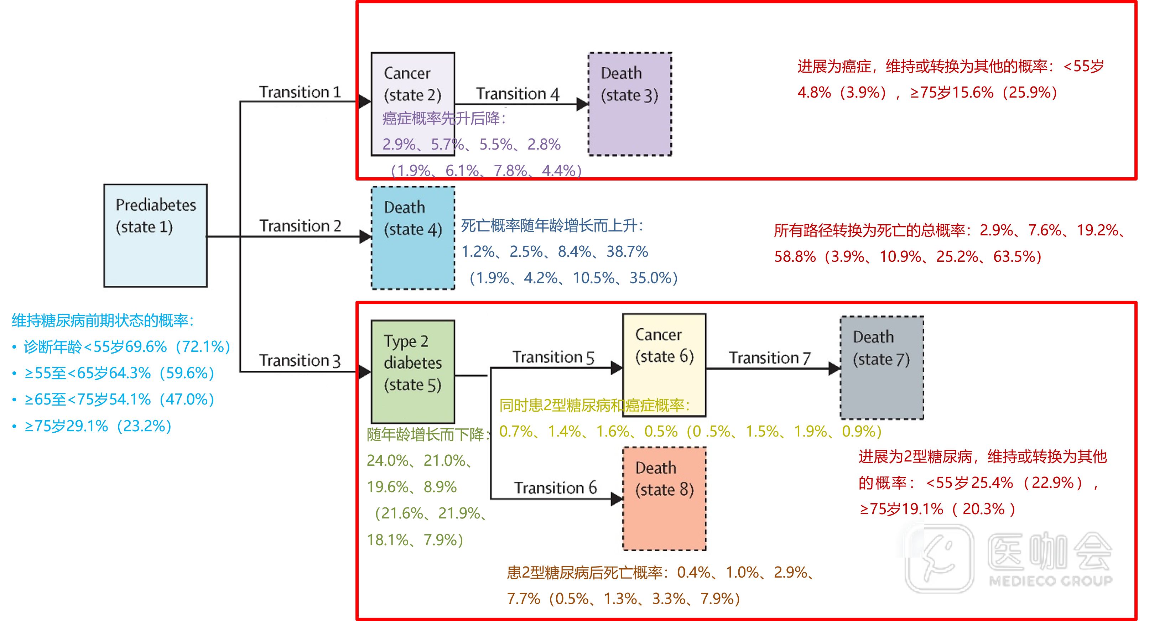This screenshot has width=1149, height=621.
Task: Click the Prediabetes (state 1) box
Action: [x=155, y=235]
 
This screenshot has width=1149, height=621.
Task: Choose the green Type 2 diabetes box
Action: [x=412, y=371]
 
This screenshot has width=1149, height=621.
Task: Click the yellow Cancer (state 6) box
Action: [x=664, y=365]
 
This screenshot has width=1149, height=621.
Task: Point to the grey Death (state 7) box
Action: [x=882, y=367]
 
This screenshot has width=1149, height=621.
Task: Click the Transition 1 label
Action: [x=300, y=92]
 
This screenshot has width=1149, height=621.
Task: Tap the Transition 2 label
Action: [x=300, y=226]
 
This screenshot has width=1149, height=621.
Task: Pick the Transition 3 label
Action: [x=300, y=360]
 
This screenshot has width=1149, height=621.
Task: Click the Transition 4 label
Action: [x=518, y=94]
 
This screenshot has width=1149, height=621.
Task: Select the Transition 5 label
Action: [x=553, y=357]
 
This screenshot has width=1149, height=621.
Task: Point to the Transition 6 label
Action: [x=555, y=488]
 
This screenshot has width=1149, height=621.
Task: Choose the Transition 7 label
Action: [x=769, y=358]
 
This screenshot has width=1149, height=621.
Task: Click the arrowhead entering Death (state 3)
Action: [x=582, y=104]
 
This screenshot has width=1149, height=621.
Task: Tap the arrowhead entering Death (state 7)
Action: [x=834, y=369]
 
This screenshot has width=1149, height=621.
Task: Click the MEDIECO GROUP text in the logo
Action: [x=1050, y=581]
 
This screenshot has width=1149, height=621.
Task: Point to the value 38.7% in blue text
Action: [x=627, y=252]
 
